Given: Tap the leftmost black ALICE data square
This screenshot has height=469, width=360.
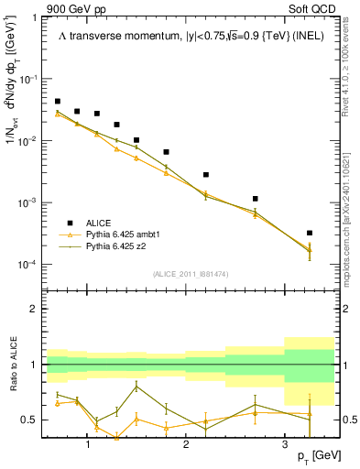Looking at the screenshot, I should (58, 102).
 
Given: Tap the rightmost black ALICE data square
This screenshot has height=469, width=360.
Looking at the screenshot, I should (310, 233).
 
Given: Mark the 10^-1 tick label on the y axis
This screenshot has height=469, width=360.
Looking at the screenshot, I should (28, 79).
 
